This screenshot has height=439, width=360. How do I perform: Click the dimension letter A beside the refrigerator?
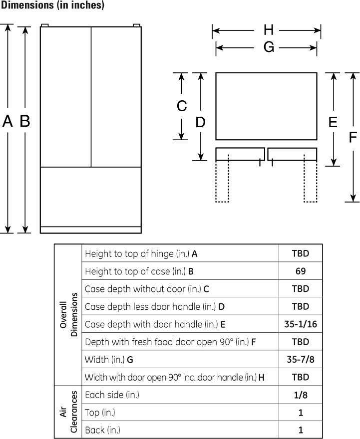point(7,121)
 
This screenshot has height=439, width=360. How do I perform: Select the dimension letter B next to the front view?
point(25,121)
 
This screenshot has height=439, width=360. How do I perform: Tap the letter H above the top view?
point(269,30)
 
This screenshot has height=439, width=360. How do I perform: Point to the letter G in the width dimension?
point(269,47)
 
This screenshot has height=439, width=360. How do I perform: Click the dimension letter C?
point(182,106)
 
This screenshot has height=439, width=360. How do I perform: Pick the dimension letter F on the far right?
point(353,137)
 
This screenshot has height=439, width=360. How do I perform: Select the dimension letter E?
point(333,122)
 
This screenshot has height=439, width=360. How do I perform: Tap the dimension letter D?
point(200,122)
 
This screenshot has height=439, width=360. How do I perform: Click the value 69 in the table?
point(300,271)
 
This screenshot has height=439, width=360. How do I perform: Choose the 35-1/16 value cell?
point(300,324)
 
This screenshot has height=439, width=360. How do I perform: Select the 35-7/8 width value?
point(300,359)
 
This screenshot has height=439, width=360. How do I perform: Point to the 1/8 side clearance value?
point(300,395)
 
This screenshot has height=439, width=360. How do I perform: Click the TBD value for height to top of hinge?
point(300,253)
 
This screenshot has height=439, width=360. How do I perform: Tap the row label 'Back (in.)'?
point(102,430)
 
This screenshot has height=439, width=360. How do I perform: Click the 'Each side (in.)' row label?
point(112,395)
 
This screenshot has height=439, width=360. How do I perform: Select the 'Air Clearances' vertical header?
point(68,412)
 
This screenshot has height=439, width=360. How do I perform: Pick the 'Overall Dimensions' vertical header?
point(68,315)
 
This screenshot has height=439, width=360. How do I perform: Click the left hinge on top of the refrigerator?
point(45,25)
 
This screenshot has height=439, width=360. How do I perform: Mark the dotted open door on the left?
point(222,178)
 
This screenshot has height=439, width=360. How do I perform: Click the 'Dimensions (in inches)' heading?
point(52,5)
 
